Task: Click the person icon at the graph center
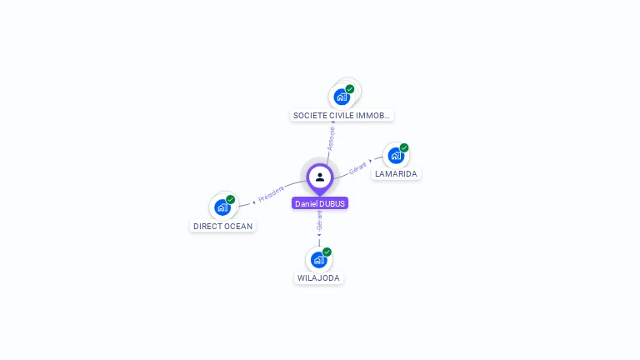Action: (320, 177)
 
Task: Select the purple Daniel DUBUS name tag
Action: (320, 203)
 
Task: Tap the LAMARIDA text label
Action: (396, 174)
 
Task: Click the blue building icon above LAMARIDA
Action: (395, 156)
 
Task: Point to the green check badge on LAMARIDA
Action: (404, 147)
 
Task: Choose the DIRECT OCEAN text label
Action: (222, 226)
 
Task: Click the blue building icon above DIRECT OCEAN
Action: (222, 207)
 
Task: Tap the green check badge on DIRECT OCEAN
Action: (231, 199)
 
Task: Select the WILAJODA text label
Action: (319, 277)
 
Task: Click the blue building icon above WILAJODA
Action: (318, 259)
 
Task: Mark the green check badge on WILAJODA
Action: (327, 251)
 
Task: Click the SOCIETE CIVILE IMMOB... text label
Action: (342, 115)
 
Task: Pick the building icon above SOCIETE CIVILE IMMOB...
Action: (341, 97)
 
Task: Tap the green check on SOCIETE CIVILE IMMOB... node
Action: (350, 88)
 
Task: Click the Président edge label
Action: (271, 195)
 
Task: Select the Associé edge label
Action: (331, 137)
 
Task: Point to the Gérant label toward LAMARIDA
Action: (357, 167)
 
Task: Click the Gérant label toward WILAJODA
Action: (319, 221)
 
